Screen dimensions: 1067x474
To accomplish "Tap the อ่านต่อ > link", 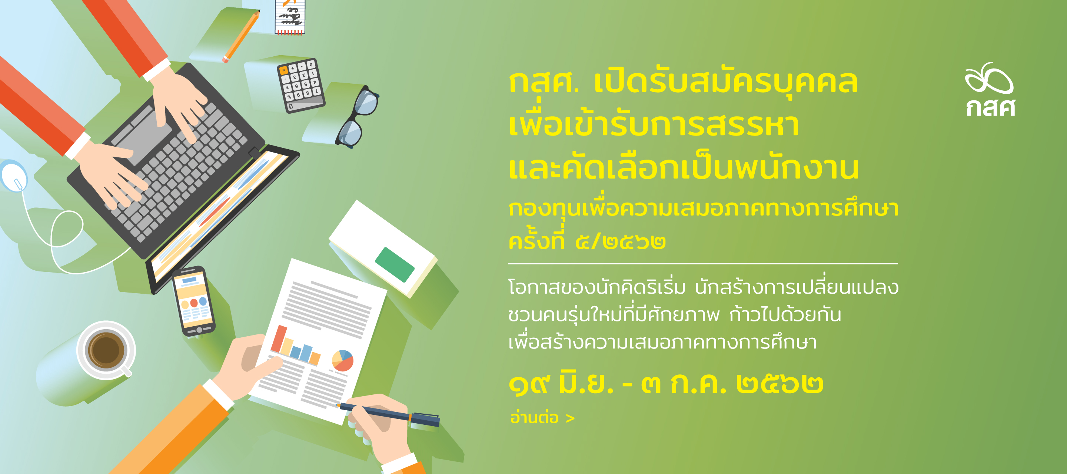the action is point(542,418).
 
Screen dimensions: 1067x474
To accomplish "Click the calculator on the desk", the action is point(301,85).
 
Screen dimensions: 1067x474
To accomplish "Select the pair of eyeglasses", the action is point(357,117).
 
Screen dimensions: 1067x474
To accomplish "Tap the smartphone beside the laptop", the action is point(193,301).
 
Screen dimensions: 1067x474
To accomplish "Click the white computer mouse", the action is point(14,176).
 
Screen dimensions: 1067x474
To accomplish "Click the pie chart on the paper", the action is point(343,361).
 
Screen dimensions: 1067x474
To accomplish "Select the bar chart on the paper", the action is point(296,346).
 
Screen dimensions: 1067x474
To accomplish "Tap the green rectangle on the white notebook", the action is point(394,265).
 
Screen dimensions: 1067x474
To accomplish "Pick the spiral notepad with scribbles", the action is point(290,17).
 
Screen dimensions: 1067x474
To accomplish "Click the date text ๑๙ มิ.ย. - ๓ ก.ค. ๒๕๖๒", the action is point(666,384).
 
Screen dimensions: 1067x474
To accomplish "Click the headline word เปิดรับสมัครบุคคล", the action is point(726,81).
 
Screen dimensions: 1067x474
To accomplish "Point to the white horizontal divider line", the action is point(703,263).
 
